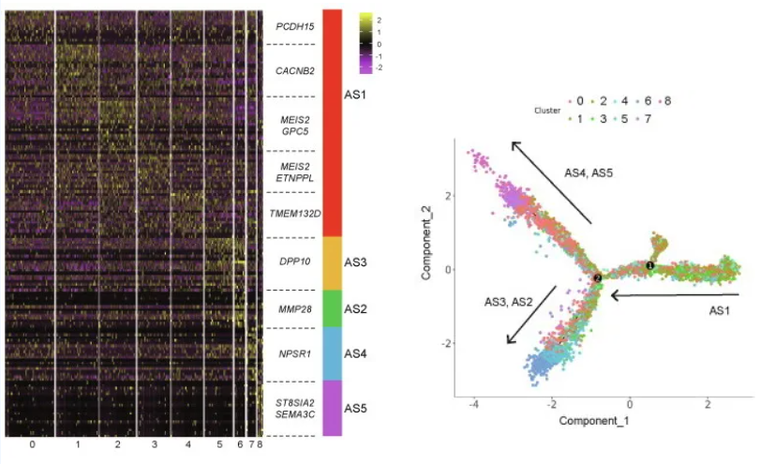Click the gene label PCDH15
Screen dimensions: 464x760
point(293,27)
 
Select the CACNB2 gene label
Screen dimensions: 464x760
point(294,69)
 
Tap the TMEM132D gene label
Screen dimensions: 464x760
point(294,214)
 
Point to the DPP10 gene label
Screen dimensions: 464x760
point(294,261)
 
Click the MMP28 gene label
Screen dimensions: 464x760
point(294,308)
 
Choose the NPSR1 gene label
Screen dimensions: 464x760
point(294,353)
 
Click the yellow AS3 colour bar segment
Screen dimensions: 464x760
point(332,263)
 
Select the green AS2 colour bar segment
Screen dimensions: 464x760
point(332,308)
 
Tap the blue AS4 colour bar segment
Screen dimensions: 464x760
point(332,353)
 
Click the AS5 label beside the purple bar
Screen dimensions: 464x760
point(356,408)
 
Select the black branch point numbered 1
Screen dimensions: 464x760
point(649,266)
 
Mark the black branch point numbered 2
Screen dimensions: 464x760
point(597,278)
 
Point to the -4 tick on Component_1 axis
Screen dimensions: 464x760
point(476,403)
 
